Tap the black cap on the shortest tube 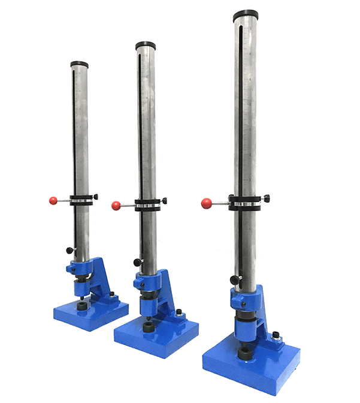coord(79,64)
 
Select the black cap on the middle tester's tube coord(145,46)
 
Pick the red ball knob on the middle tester coord(116,206)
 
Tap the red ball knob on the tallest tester coord(206,203)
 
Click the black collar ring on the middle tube coord(146,204)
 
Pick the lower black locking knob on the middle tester coord(137,261)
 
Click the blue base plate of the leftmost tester coord(90,313)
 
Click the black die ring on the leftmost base coord(80,306)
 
